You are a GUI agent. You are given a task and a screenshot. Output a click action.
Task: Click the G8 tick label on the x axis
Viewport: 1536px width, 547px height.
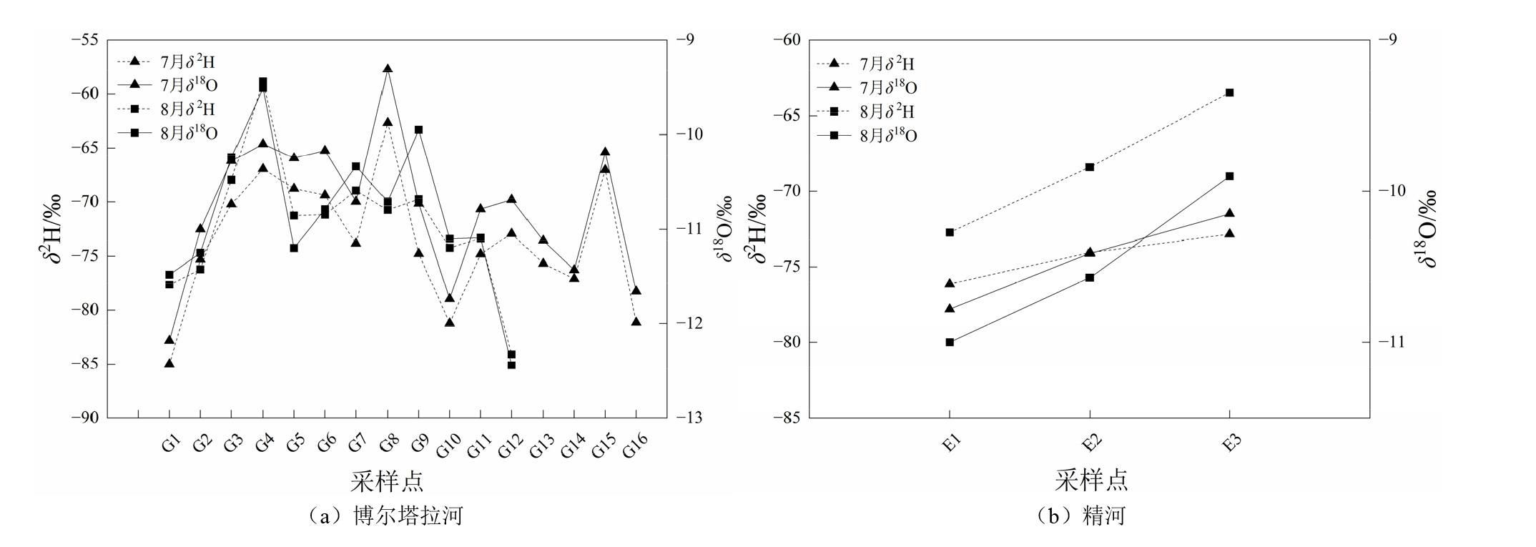click(x=388, y=444)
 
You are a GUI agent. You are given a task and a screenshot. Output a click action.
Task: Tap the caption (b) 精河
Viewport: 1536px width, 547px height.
click(x=1081, y=516)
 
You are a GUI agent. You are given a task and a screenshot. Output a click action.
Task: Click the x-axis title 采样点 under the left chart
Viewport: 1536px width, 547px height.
click(x=387, y=481)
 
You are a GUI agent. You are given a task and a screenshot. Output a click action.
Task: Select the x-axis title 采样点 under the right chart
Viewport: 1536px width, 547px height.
click(x=1091, y=480)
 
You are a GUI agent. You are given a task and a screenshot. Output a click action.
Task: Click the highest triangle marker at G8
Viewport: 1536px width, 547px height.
click(x=388, y=69)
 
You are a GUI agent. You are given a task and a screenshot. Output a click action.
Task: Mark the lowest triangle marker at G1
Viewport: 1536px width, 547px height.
click(x=169, y=363)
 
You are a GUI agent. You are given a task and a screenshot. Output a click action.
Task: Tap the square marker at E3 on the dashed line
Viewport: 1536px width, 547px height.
click(x=1229, y=93)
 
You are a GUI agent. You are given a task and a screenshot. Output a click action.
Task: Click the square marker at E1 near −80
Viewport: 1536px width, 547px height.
click(x=950, y=342)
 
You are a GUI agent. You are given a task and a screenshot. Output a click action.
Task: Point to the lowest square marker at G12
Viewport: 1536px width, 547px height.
click(x=511, y=365)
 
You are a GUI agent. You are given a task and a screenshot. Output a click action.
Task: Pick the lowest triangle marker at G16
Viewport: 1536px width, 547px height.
click(x=636, y=322)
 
